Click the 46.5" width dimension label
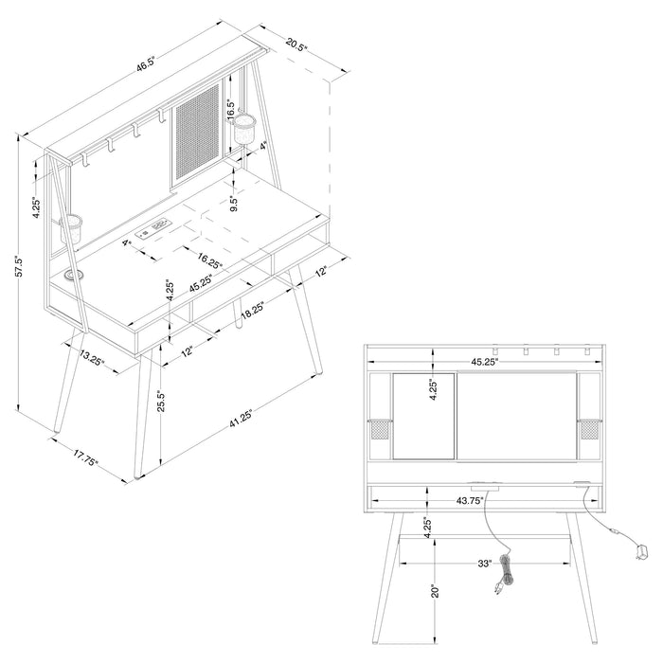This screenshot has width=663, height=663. (145, 66)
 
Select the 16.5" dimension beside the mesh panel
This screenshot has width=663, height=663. (230, 111)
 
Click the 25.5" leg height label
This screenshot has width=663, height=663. (162, 402)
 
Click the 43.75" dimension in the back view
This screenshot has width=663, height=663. (473, 500)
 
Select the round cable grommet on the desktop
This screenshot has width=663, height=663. (75, 277)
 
